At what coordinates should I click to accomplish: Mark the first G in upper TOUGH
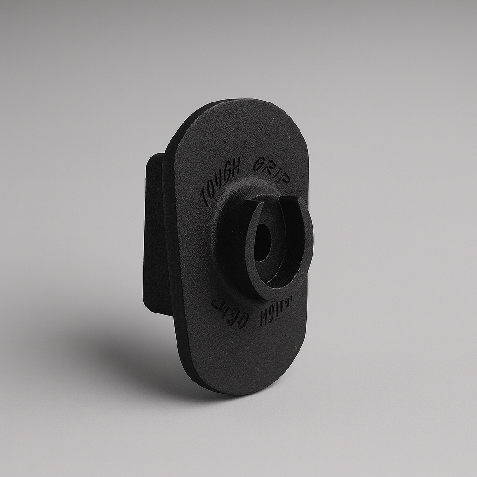pos(227,170)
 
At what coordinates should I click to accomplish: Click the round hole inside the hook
pos(262,242)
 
